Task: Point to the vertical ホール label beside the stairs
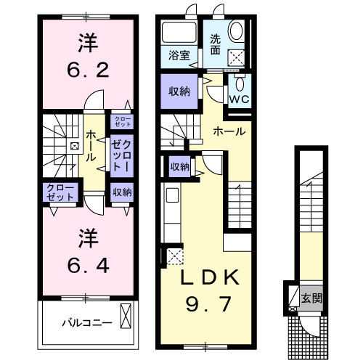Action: (91, 146)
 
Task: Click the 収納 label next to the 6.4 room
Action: (121, 192)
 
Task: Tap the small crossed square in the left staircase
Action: (73, 146)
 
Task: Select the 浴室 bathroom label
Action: (179, 55)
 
